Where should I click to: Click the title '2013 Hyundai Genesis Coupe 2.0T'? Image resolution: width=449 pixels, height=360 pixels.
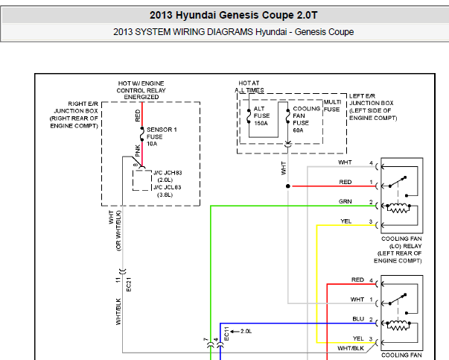[x=233, y=15]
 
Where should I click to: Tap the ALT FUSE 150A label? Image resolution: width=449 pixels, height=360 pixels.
[x=261, y=116]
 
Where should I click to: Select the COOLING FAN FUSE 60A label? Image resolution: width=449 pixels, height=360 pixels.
[x=306, y=119]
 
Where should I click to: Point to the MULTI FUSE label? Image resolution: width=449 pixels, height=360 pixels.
[x=332, y=106]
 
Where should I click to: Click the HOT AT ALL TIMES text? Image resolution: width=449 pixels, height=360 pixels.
[x=249, y=86]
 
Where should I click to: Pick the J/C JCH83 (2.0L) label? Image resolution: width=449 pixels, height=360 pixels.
[x=168, y=177]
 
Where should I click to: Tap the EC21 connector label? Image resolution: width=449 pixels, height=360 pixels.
[x=129, y=284]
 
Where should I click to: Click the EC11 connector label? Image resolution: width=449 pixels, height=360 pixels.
[x=226, y=334]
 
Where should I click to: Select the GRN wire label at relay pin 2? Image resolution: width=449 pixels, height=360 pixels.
[x=345, y=201]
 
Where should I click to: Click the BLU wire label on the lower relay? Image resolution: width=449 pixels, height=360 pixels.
[x=358, y=319]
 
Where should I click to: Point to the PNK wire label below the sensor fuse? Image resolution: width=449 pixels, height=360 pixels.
[x=138, y=151]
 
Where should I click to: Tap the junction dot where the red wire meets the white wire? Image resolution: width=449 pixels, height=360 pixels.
[x=288, y=186]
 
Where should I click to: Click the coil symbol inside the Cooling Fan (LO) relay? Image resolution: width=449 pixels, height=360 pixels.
[x=398, y=209]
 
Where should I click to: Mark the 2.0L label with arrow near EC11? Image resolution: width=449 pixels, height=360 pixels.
[x=241, y=332]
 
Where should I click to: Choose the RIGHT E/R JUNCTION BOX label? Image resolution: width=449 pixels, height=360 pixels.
[x=74, y=115]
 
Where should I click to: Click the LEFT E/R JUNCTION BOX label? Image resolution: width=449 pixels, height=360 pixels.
[x=373, y=107]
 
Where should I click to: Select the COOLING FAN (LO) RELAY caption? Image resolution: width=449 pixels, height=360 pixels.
[x=398, y=250]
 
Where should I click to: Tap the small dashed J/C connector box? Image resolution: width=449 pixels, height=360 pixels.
[x=142, y=180]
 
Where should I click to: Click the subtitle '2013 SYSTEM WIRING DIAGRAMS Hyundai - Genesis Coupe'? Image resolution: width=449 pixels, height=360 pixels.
[x=233, y=32]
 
